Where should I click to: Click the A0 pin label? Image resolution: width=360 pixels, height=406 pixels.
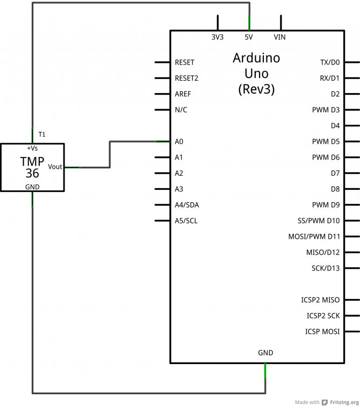(179, 141)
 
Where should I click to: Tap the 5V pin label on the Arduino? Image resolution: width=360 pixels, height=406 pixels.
(249, 37)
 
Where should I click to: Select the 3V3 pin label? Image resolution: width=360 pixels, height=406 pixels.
(218, 37)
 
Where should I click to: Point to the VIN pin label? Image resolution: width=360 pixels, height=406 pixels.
(280, 37)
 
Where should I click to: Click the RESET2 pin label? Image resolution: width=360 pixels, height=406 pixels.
(186, 78)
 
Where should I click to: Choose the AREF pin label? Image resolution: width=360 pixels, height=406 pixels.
(183, 94)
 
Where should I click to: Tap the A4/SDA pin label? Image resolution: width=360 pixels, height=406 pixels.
(187, 205)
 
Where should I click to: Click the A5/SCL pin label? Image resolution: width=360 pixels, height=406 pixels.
(186, 220)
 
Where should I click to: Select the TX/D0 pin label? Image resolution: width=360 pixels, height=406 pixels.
(329, 62)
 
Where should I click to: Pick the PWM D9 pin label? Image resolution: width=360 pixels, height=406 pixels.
(326, 205)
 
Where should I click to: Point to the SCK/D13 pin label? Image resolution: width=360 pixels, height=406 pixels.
(325, 268)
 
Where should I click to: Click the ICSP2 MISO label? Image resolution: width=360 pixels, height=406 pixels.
(320, 300)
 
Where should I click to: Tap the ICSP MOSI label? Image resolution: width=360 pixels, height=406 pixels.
(322, 331)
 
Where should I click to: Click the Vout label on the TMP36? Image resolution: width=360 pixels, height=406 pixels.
(55, 167)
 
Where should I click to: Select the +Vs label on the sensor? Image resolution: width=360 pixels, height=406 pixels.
(32, 147)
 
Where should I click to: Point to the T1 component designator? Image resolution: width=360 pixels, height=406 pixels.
(42, 133)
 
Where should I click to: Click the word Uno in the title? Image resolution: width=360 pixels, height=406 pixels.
(256, 73)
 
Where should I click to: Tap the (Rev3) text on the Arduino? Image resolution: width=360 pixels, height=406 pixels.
(256, 89)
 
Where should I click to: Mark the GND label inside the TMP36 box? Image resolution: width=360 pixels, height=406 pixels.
(32, 187)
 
